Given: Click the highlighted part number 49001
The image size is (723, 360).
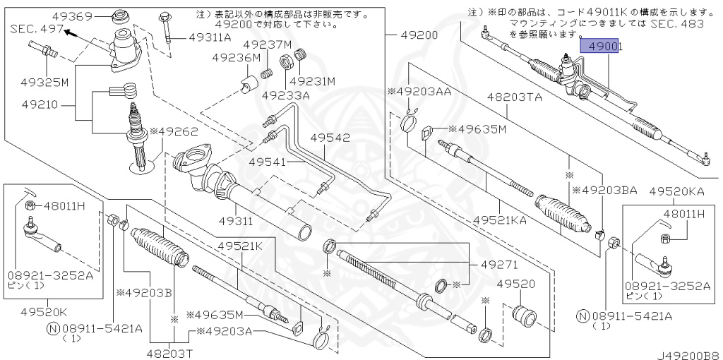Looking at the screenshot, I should click(600, 47).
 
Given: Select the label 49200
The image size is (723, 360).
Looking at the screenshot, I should click(419, 35).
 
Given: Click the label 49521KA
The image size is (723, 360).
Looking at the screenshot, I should click(500, 220).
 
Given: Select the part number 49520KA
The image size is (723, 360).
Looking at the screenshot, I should click(677, 191).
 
